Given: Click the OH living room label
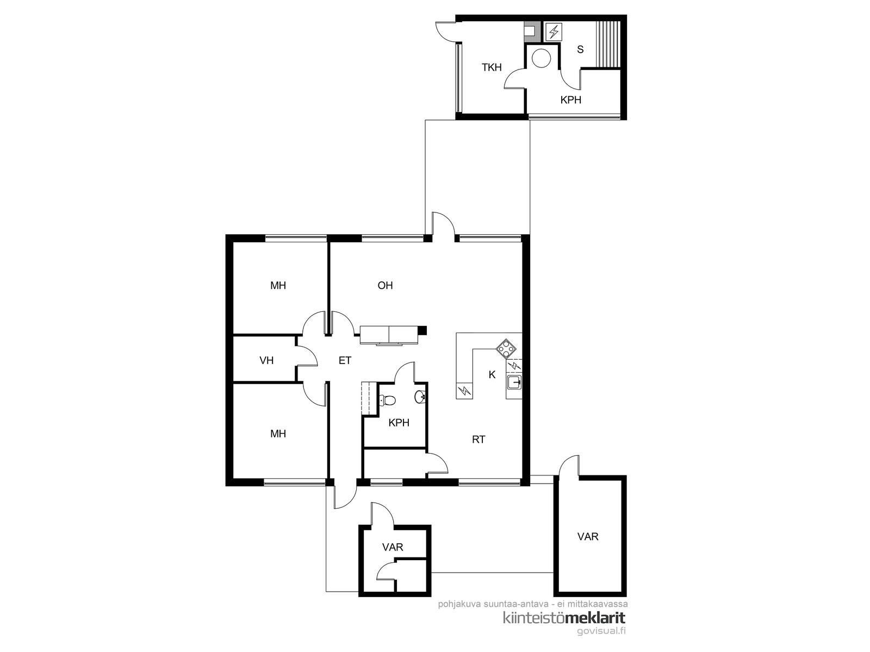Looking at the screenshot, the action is pos(385,285).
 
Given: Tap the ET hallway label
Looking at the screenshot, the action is pos(345,360).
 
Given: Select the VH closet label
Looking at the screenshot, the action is pos(266,360).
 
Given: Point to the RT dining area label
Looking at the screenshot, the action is pos(478,440).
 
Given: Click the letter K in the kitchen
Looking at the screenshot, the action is pos(492,374).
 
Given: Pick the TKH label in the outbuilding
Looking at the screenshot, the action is pos(492,67).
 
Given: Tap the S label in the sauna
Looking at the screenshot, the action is pos(580,49).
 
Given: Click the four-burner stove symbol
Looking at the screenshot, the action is pos(506,349).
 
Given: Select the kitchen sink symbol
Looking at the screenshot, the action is pos(514,383).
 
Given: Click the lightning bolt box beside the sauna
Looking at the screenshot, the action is pos(554,32).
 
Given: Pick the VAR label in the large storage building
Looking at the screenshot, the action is pos(588,536).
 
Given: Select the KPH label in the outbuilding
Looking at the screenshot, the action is pos(571,100).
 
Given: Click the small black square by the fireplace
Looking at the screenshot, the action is pos(422,330).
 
